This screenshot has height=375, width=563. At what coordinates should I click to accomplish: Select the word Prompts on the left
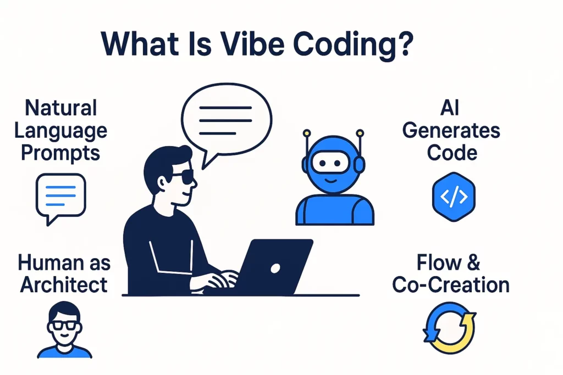pyautogui.click(x=60, y=152)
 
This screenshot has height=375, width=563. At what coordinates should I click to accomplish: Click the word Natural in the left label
pyautogui.click(x=60, y=108)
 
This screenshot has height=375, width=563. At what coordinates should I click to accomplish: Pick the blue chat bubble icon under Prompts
pyautogui.click(x=60, y=197)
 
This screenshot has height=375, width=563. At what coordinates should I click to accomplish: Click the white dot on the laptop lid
pyautogui.click(x=275, y=268)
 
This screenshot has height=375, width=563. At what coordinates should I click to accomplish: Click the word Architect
pyautogui.click(x=64, y=286)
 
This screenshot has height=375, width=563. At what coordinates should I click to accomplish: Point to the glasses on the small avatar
pyautogui.click(x=64, y=326)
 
